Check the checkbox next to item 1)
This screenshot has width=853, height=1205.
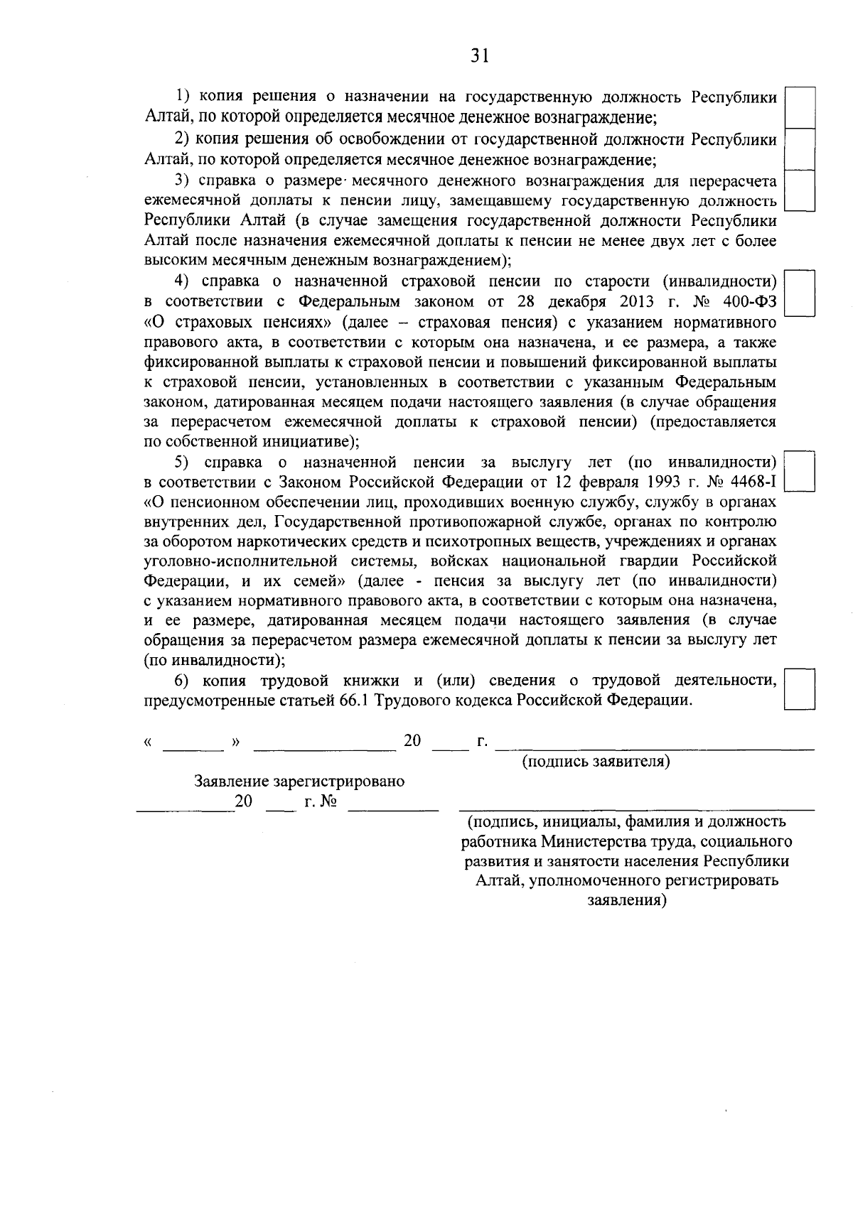point(799,108)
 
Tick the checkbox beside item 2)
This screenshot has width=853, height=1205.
point(799,149)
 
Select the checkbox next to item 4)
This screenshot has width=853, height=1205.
point(799,293)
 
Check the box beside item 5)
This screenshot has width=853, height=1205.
point(799,472)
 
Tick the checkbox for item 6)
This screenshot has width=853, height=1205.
point(799,689)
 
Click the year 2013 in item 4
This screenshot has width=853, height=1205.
point(636,302)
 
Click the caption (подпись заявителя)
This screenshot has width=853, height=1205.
point(596,762)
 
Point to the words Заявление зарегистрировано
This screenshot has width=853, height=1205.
point(299,782)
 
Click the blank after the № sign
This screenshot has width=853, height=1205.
point(392,807)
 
